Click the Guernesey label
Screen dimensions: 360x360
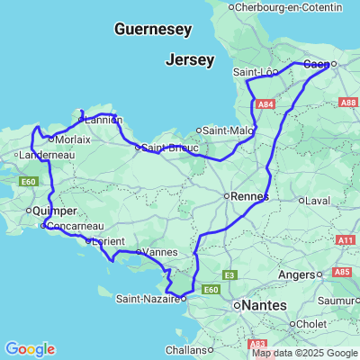coord(153,30)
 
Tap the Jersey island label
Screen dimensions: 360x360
coord(190,60)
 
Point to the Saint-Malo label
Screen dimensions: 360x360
coord(229,130)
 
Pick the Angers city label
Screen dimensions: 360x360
coord(296,274)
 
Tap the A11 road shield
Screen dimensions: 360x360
coord(346,240)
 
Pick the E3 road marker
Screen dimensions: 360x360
coord(229,274)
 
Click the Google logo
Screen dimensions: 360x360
coord(30,349)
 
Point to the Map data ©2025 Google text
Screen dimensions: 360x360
coord(304,353)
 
